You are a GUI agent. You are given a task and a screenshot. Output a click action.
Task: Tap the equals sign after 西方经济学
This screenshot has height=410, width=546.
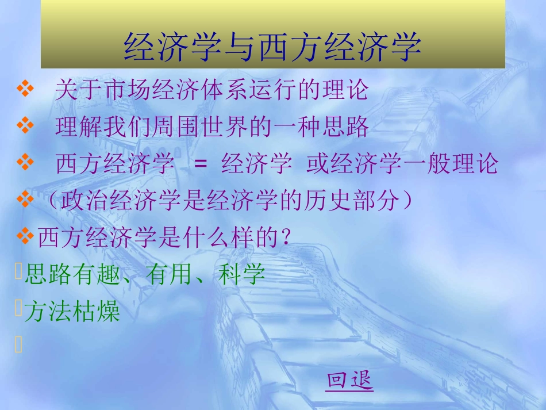[x=200, y=164]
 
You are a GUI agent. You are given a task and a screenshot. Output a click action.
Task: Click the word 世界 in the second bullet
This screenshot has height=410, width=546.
[x=224, y=128]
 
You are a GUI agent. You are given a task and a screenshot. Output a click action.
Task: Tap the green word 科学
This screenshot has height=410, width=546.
[x=242, y=275]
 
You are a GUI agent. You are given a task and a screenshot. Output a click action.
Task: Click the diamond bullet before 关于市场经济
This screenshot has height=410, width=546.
[x=26, y=90]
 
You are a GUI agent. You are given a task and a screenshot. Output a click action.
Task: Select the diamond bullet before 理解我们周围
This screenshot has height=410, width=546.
[x=26, y=127]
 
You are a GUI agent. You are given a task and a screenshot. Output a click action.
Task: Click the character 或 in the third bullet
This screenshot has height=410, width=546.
[x=317, y=164]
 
